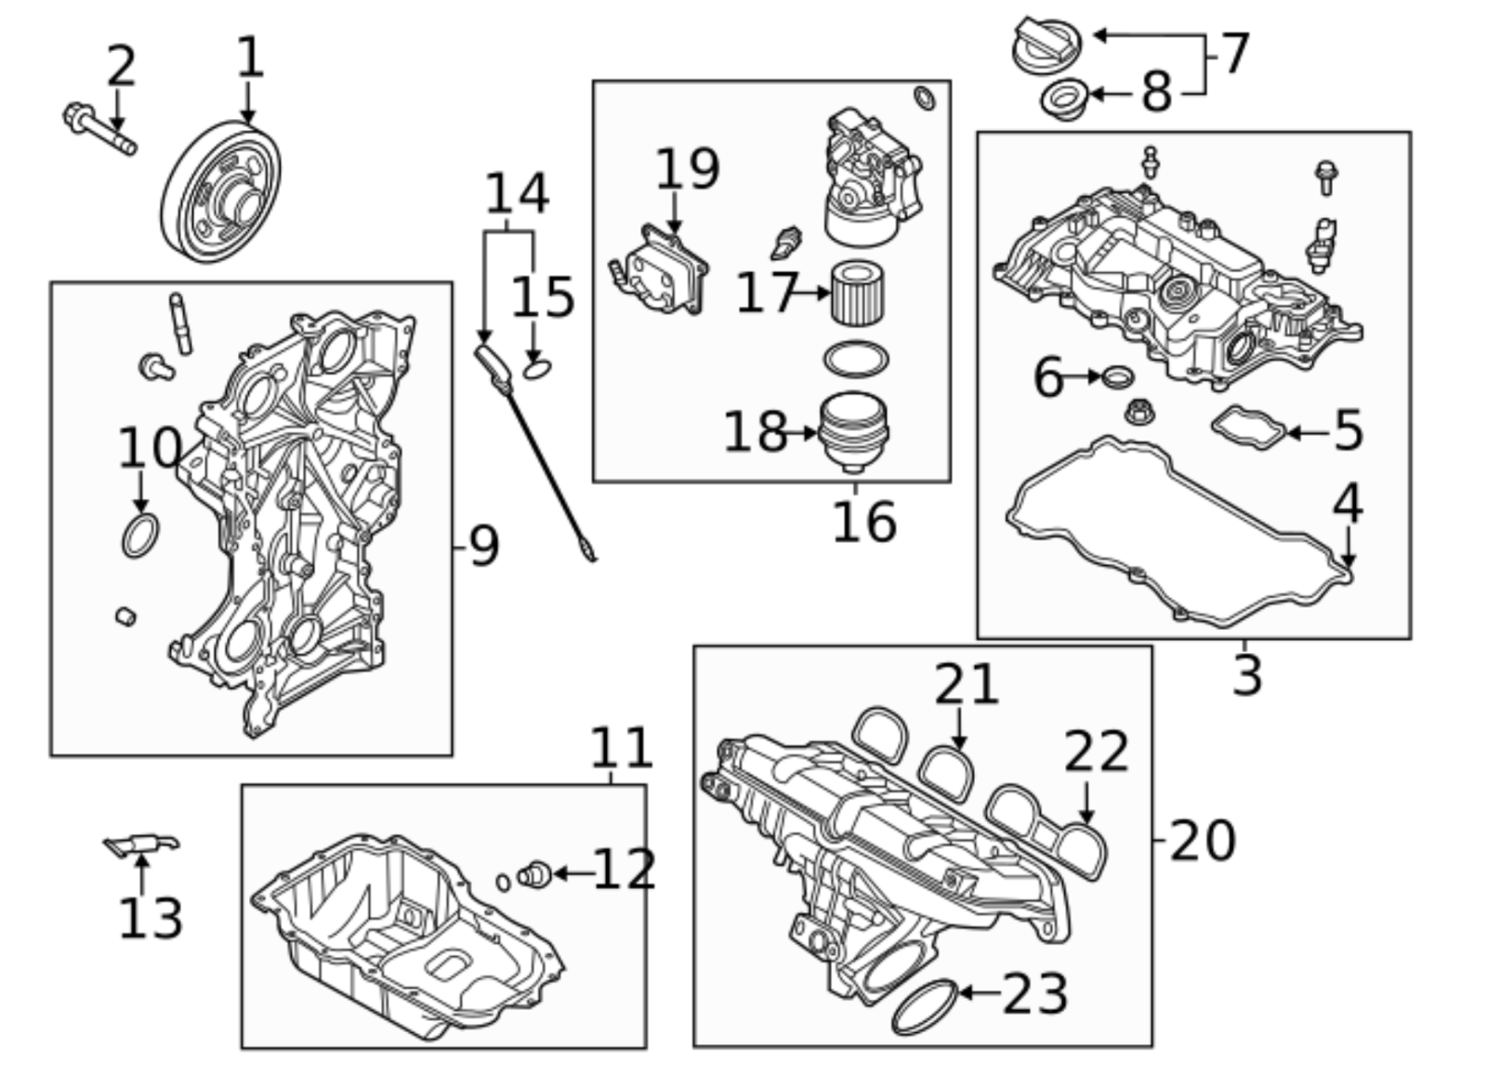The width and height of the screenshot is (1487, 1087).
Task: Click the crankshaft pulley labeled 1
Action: click(221, 190)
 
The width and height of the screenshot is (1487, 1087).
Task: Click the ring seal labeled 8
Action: click(1063, 98)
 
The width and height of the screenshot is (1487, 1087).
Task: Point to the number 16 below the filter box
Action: click(863, 522)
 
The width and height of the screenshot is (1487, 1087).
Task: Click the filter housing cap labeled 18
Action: click(854, 433)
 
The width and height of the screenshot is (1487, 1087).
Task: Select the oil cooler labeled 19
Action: click(662, 270)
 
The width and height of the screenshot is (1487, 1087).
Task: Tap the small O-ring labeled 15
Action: click(537, 369)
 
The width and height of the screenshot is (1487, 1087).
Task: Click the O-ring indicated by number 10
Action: click(140, 536)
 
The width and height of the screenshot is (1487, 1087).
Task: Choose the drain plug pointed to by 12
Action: click(536, 874)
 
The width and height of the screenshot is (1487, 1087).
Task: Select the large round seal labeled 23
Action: click(924, 1006)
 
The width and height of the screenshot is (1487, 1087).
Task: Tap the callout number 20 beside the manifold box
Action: click(1202, 840)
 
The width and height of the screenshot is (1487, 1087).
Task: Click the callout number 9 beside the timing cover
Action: click(483, 546)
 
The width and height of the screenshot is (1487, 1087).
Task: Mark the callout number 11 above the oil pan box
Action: click(622, 747)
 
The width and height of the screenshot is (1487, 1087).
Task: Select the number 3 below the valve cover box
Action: click(1246, 675)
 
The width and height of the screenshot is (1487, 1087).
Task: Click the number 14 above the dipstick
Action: click(517, 194)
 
